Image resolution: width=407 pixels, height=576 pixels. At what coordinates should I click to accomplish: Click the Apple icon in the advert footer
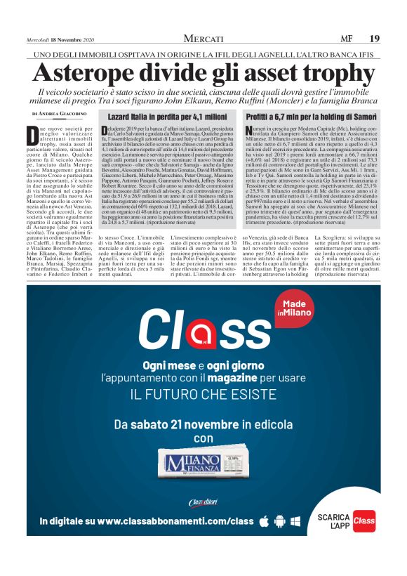click(x=265, y=521)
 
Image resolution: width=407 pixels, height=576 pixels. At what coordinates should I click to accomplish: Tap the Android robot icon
click(x=279, y=521)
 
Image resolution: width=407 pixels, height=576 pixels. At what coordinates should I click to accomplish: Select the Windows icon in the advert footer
click(x=295, y=521)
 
